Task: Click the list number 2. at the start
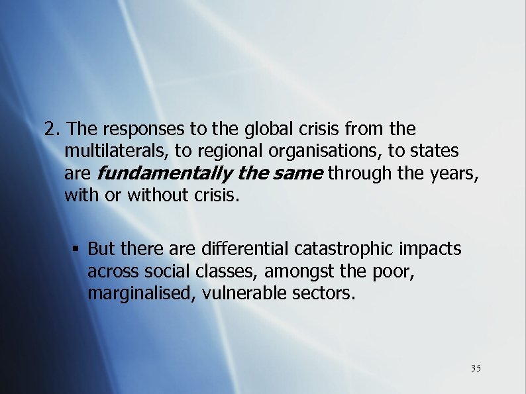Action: (52, 128)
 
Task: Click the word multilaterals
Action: (117, 151)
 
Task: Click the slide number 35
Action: (476, 368)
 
